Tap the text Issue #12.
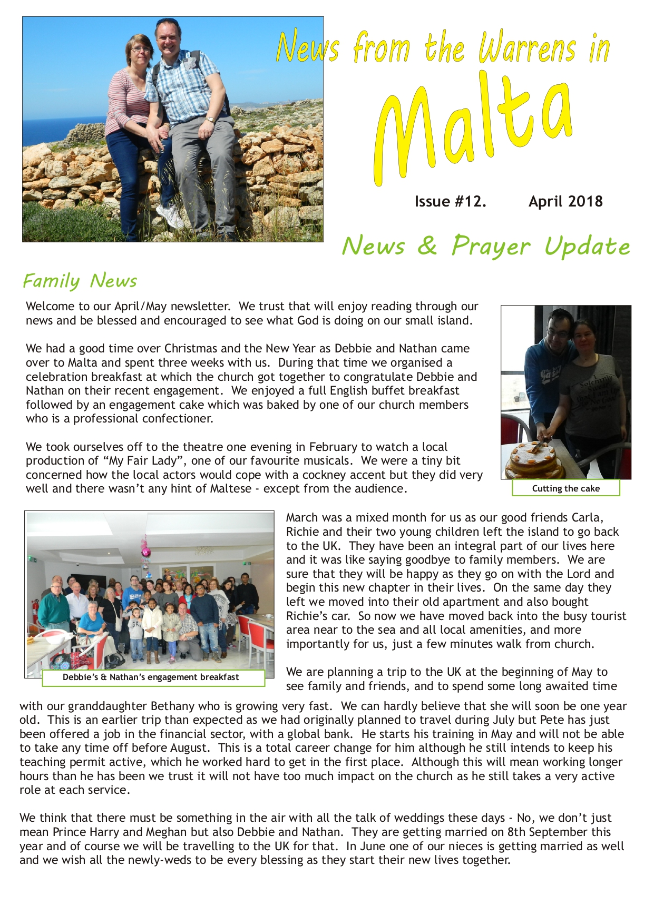[x=450, y=202]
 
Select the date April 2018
[x=565, y=202]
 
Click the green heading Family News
[x=80, y=281]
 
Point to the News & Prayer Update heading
[x=485, y=246]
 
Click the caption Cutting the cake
[x=565, y=488]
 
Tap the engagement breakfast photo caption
[x=151, y=677]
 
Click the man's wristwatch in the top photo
[x=210, y=120]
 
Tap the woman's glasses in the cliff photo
[x=141, y=49]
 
